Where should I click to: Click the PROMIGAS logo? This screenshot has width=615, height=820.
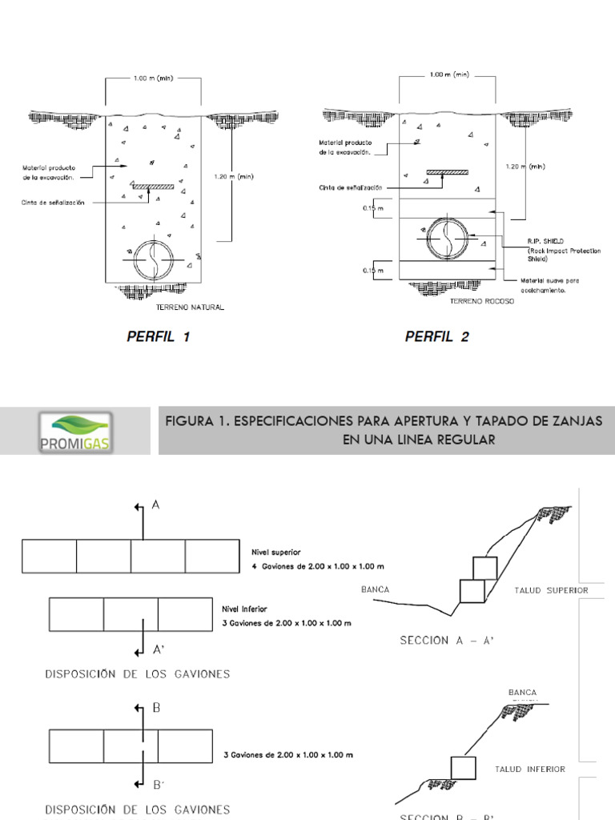pos(75,431)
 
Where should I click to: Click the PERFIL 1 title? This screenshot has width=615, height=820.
pos(158,337)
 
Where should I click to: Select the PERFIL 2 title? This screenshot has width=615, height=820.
pos(436,337)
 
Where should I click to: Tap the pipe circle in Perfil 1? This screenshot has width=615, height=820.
pos(152,259)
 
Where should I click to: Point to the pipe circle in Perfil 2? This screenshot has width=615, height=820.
pos(446,236)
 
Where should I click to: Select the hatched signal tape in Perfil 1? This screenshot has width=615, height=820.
pos(152,187)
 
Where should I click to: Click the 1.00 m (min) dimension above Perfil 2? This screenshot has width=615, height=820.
pos(449,74)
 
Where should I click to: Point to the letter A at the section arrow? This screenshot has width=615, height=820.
pos(158,506)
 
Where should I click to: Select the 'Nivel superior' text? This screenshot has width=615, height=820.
pos(276,552)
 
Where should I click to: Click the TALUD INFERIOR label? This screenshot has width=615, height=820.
pos(529,769)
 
